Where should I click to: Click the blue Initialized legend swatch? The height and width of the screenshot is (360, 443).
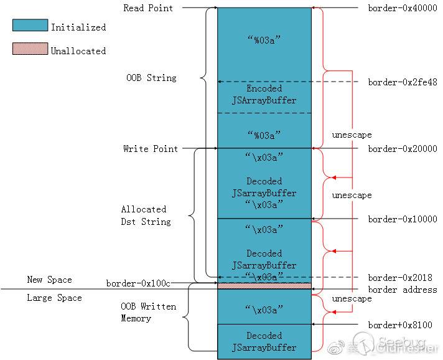click(30, 26)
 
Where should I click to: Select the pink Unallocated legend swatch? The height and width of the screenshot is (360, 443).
click(30, 49)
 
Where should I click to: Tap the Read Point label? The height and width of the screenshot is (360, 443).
click(148, 8)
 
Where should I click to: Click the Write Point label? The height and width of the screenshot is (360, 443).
click(150, 149)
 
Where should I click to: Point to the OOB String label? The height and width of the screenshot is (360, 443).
click(151, 78)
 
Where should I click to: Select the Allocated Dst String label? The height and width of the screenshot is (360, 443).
click(146, 215)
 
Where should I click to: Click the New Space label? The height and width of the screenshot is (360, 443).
click(49, 280)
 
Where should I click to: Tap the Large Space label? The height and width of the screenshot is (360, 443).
click(54, 298)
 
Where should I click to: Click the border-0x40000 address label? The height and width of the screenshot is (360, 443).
click(402, 8)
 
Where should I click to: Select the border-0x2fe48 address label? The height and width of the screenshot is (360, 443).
click(402, 82)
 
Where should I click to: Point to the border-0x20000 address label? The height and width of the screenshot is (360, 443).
click(402, 149)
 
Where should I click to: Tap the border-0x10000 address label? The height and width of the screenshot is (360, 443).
click(402, 219)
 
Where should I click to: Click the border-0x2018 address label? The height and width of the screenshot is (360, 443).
click(399, 278)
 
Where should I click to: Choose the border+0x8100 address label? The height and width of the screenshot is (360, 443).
click(399, 324)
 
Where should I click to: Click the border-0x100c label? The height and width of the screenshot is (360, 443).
click(138, 283)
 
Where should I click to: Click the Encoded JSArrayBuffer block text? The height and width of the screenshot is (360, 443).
click(264, 94)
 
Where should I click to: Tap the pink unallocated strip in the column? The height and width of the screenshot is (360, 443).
click(264, 286)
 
